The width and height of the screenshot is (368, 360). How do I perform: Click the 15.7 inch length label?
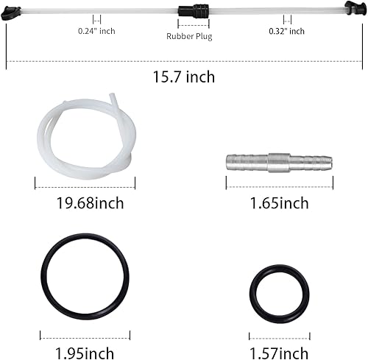[x=184, y=77]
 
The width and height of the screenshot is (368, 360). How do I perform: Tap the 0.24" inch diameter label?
[x=97, y=32]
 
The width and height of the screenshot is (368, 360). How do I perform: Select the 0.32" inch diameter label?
[x=286, y=32]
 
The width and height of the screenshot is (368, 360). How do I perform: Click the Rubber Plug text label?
[x=188, y=36]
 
